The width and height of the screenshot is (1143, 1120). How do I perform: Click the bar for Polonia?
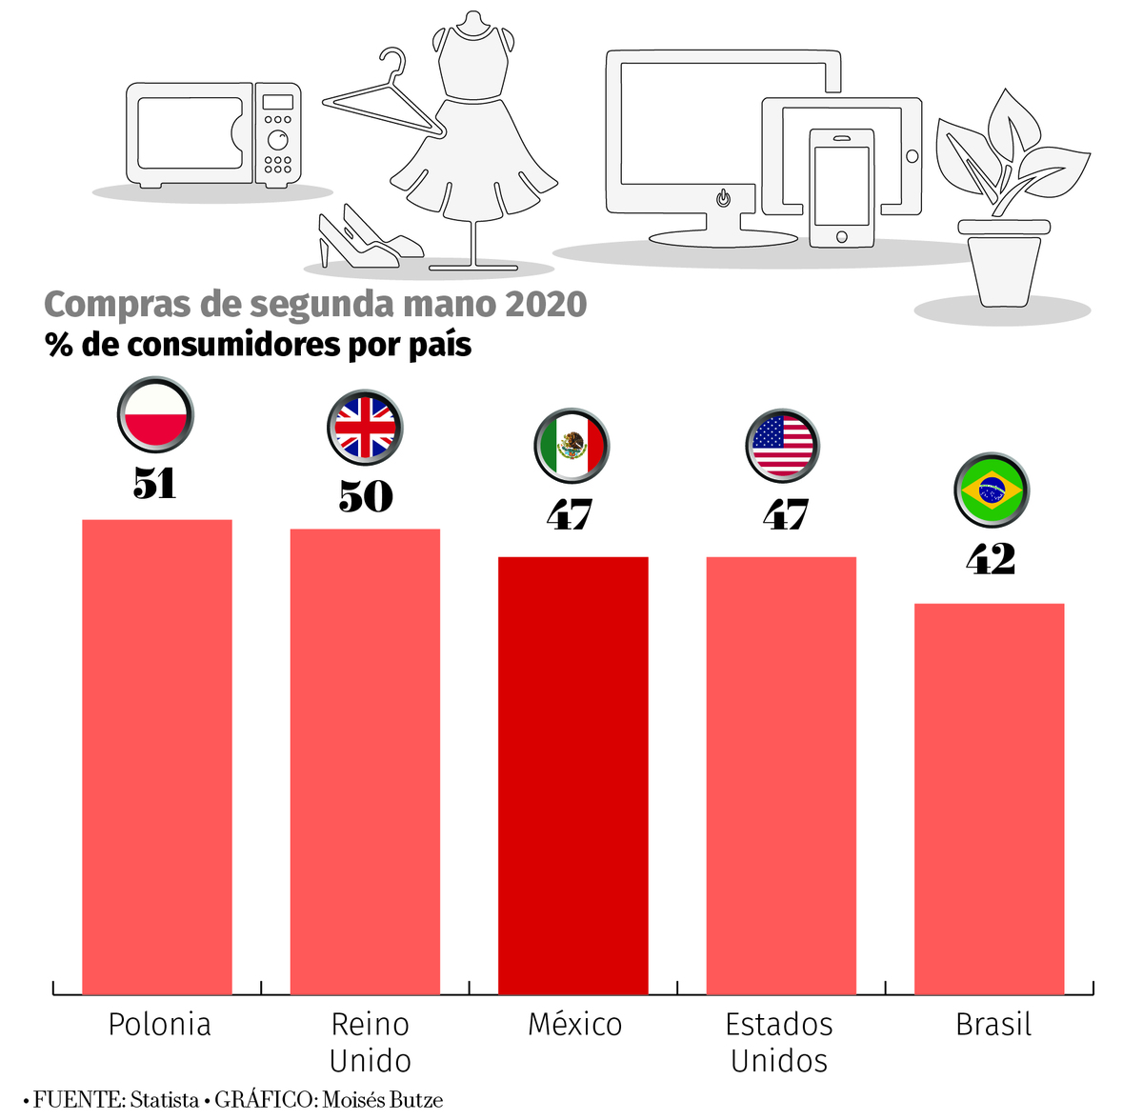[x=157, y=757]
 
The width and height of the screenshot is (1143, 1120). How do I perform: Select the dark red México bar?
[x=573, y=776]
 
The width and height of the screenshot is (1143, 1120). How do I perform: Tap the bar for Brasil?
[x=989, y=800]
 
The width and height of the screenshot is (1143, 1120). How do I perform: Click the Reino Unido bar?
[x=365, y=762]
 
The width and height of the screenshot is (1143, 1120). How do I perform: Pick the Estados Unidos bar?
[x=781, y=776]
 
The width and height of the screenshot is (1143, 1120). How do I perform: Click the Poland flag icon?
[x=155, y=416]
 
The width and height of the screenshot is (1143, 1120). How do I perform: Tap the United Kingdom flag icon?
[x=365, y=428]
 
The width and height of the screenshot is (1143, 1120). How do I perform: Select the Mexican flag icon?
[x=571, y=446]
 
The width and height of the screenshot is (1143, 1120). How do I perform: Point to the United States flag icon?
[x=782, y=446]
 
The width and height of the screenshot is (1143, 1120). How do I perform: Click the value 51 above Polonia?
[x=155, y=484]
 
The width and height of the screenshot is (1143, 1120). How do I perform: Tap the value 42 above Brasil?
[x=991, y=559]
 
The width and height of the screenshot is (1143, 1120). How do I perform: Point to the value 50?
[x=366, y=496]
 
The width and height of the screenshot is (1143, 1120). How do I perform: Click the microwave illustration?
[x=213, y=133]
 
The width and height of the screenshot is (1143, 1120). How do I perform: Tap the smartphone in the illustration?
[x=842, y=188]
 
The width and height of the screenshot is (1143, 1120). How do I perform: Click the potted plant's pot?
[x=1003, y=265]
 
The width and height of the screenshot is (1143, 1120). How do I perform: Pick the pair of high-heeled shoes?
[x=367, y=238]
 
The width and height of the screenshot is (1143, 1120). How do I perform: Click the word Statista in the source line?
[x=164, y=1100]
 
